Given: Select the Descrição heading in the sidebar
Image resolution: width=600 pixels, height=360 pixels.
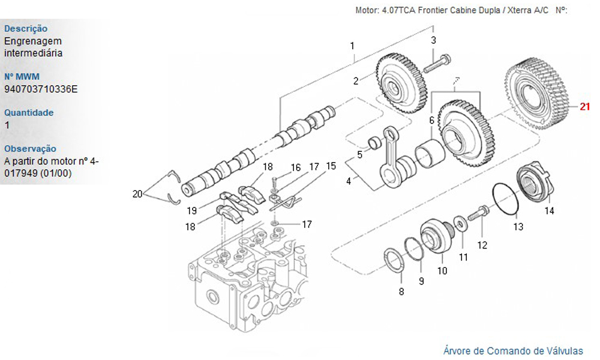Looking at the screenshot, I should point(26,28).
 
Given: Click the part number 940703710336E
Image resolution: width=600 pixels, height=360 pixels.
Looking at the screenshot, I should point(41,89).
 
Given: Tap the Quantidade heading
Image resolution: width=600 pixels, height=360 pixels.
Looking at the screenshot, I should point(29,112).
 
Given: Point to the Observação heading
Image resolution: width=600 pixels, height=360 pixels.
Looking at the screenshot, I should point(30,148).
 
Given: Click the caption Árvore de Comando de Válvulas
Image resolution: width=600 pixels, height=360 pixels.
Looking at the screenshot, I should point(513,350).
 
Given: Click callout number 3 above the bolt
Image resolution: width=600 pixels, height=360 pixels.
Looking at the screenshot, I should point(433,40).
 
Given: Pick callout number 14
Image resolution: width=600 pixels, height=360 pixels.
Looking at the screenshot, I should point(549,211).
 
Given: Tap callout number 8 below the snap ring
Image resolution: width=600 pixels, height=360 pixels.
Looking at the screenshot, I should point(401,292).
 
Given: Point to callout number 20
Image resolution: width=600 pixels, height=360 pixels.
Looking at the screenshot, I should point(138,193).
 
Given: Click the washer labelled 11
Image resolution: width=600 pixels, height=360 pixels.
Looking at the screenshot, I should point(460,224).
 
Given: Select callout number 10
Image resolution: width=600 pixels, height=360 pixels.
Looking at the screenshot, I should point(442,271).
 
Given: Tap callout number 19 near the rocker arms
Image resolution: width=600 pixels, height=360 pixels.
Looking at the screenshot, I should point(191,211).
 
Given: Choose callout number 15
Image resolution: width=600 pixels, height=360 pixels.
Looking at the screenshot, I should point(331,165).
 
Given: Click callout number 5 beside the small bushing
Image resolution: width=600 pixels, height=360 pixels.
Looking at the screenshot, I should point(359,155).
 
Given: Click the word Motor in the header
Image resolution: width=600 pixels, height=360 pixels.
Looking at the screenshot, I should point(367,10).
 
